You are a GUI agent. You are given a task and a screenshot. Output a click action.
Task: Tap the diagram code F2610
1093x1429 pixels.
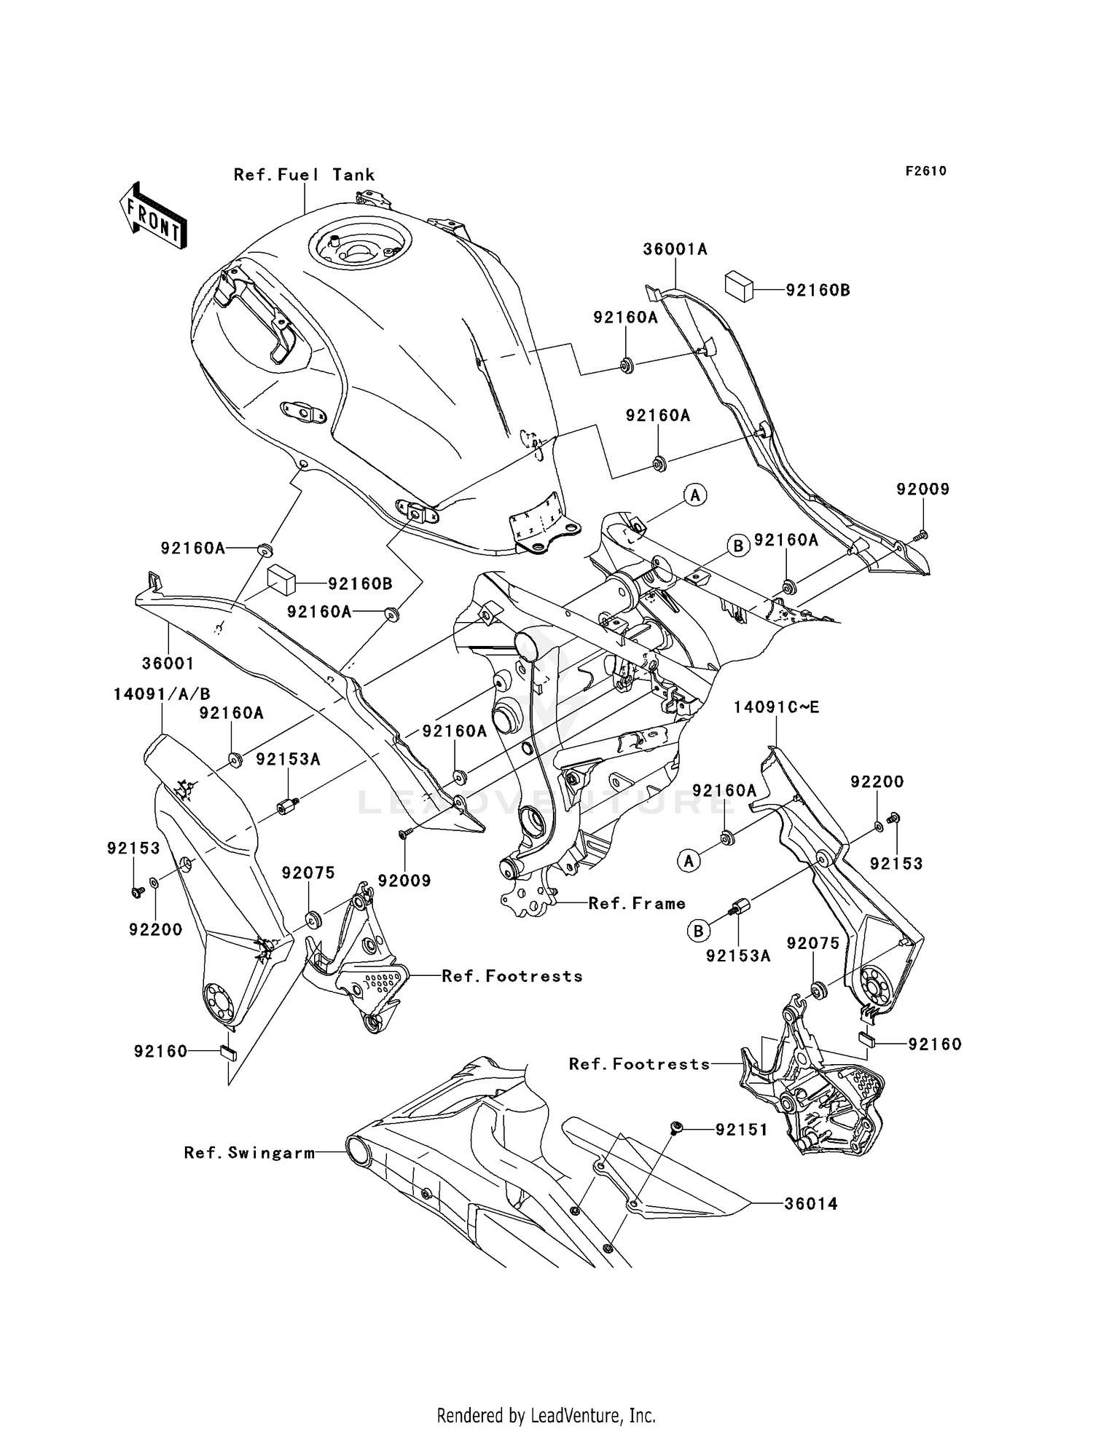pyautogui.click(x=925, y=171)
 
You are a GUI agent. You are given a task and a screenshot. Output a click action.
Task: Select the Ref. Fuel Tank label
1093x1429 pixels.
pyautogui.click(x=304, y=175)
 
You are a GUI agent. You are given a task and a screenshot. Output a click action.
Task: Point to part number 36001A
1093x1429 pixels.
pyautogui.click(x=675, y=249)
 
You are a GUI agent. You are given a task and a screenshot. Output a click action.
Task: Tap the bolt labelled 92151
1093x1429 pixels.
pyautogui.click(x=675, y=1128)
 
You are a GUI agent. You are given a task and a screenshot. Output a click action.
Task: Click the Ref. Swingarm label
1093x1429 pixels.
pyautogui.click(x=249, y=1153)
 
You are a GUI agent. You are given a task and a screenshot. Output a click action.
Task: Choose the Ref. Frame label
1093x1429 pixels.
pyautogui.click(x=637, y=903)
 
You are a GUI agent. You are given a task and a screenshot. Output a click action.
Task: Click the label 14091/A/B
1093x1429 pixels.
pyautogui.click(x=162, y=695)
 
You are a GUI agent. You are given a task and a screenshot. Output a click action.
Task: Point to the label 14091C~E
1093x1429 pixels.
pyautogui.click(x=776, y=707)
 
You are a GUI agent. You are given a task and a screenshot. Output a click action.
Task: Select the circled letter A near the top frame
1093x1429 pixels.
pyautogui.click(x=695, y=495)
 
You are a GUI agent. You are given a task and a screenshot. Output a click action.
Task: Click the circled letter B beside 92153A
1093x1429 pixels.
pyautogui.click(x=698, y=931)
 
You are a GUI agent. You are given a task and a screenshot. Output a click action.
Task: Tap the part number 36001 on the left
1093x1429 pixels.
pyautogui.click(x=168, y=664)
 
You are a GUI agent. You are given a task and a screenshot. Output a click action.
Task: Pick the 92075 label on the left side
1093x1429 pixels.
pyautogui.click(x=308, y=873)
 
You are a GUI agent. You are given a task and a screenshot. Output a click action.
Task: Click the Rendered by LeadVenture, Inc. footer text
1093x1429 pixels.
pyautogui.click(x=546, y=1415)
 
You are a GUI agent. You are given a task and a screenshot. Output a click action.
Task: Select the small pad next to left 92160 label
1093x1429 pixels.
pyautogui.click(x=227, y=1051)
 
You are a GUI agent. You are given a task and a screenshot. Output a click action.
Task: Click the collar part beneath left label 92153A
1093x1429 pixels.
pyautogui.click(x=285, y=807)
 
